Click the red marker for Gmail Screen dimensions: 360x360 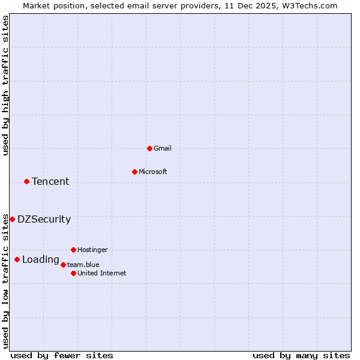(x=149, y=148)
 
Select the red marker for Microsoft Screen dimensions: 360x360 (x=134, y=172)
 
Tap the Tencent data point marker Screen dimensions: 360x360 (x=26, y=181)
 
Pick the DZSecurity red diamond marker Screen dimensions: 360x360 (x=12, y=219)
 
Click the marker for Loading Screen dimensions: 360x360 (x=17, y=259)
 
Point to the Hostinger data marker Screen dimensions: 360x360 (x=73, y=250)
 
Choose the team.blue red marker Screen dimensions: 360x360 (x=63, y=265)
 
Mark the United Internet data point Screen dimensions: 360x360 (x=73, y=273)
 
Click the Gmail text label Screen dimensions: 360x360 (x=163, y=148)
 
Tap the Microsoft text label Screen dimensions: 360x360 (x=153, y=172)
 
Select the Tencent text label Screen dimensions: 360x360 (x=50, y=181)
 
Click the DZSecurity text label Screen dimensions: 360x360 (x=44, y=219)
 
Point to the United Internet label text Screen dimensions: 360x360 (x=102, y=273)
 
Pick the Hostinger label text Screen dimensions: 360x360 (x=92, y=250)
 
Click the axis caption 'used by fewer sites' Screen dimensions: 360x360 (x=62, y=355)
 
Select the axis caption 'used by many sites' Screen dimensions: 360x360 (x=301, y=355)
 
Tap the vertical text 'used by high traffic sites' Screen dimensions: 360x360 (x=5, y=85)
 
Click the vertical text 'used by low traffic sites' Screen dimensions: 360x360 (x=5, y=280)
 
